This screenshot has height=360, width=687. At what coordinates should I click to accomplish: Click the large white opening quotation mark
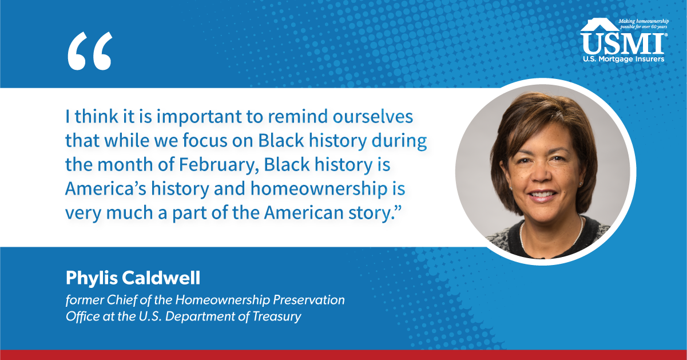(90, 51)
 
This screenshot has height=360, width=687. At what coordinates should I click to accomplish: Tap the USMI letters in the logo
(622, 44)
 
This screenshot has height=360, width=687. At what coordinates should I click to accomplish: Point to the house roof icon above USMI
(599, 25)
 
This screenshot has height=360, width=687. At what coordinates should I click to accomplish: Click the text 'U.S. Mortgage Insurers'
(624, 59)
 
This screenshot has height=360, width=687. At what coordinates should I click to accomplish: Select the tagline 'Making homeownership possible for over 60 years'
(644, 24)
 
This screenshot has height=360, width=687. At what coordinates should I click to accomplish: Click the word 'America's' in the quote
(105, 188)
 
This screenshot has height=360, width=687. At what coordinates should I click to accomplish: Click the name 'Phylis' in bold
(92, 279)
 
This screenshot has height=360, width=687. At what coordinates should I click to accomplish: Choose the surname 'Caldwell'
(161, 278)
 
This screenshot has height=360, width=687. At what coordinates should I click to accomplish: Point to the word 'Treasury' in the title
(277, 317)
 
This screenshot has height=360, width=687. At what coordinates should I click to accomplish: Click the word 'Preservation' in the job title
(309, 300)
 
